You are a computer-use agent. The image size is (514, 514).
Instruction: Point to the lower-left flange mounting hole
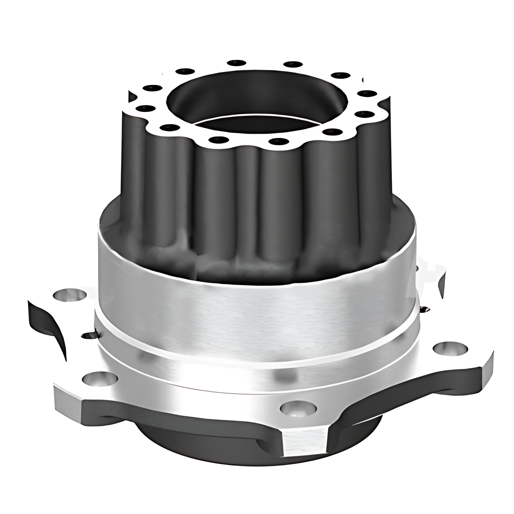coord(100,379)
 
